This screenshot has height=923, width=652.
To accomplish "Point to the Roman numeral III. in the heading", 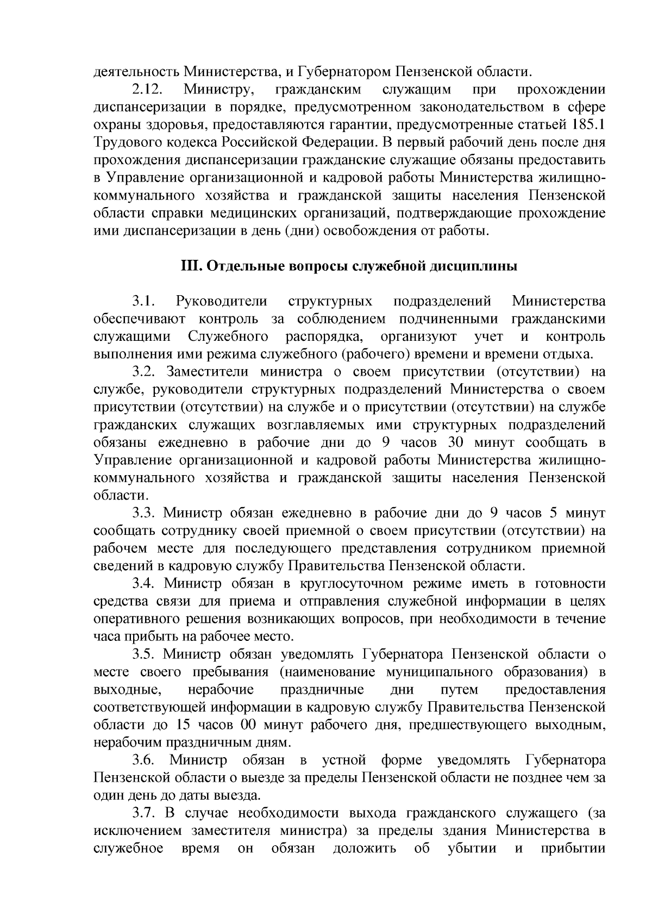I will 191,267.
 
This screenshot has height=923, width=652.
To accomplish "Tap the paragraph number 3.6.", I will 146,760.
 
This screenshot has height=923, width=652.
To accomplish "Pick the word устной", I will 344,760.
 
